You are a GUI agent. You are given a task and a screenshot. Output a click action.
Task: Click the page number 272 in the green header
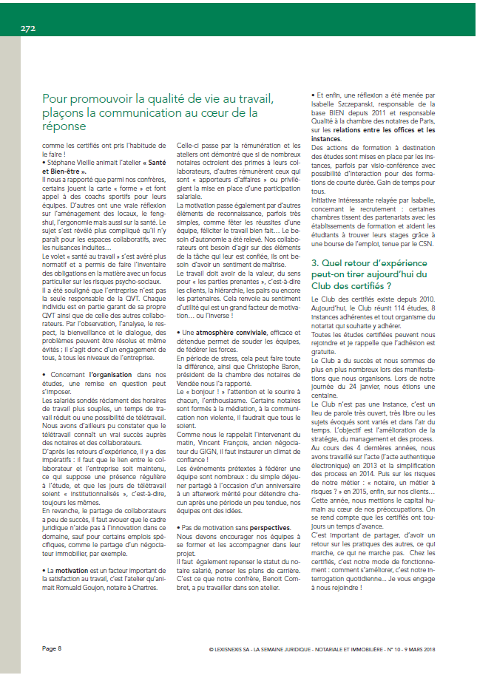pyautogui.click(x=28, y=28)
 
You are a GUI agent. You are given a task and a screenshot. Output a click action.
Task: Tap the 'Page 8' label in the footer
pyautogui.click(x=52, y=648)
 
